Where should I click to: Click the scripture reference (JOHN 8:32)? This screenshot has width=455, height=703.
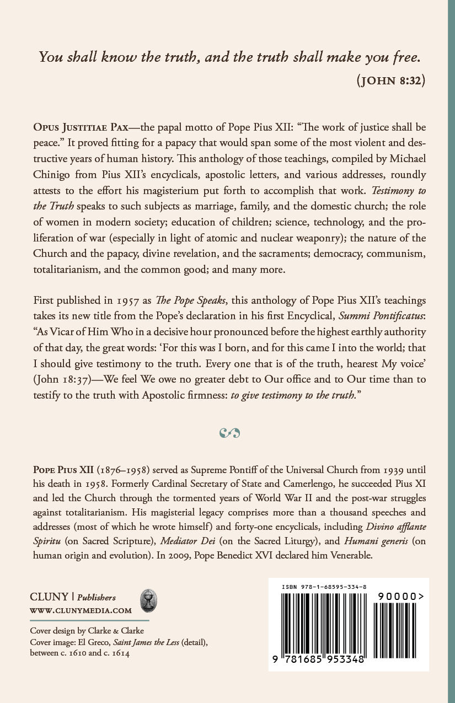(391, 80)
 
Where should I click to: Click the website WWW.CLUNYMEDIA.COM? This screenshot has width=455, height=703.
(81, 611)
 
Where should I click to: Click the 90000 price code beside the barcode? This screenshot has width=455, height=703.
(400, 596)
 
